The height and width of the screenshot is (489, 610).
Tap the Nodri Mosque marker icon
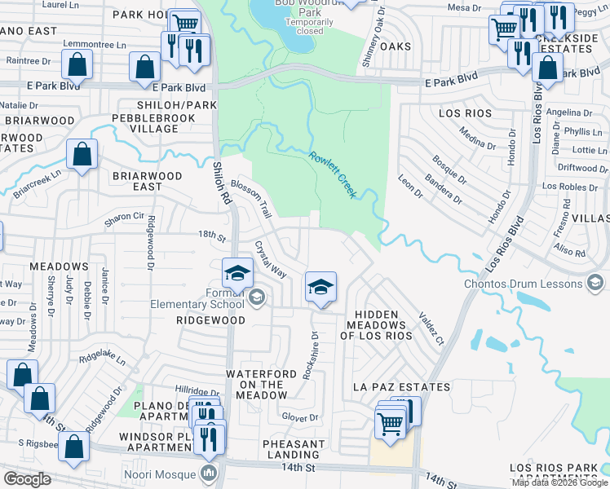tap(209, 474)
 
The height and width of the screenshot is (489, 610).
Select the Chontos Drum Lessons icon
tap(595, 283)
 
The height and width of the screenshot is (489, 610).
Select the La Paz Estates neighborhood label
tap(400, 386)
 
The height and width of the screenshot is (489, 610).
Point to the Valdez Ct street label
tap(430, 329)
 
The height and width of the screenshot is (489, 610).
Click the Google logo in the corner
tap(27, 479)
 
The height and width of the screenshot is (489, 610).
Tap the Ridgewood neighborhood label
tap(211, 320)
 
